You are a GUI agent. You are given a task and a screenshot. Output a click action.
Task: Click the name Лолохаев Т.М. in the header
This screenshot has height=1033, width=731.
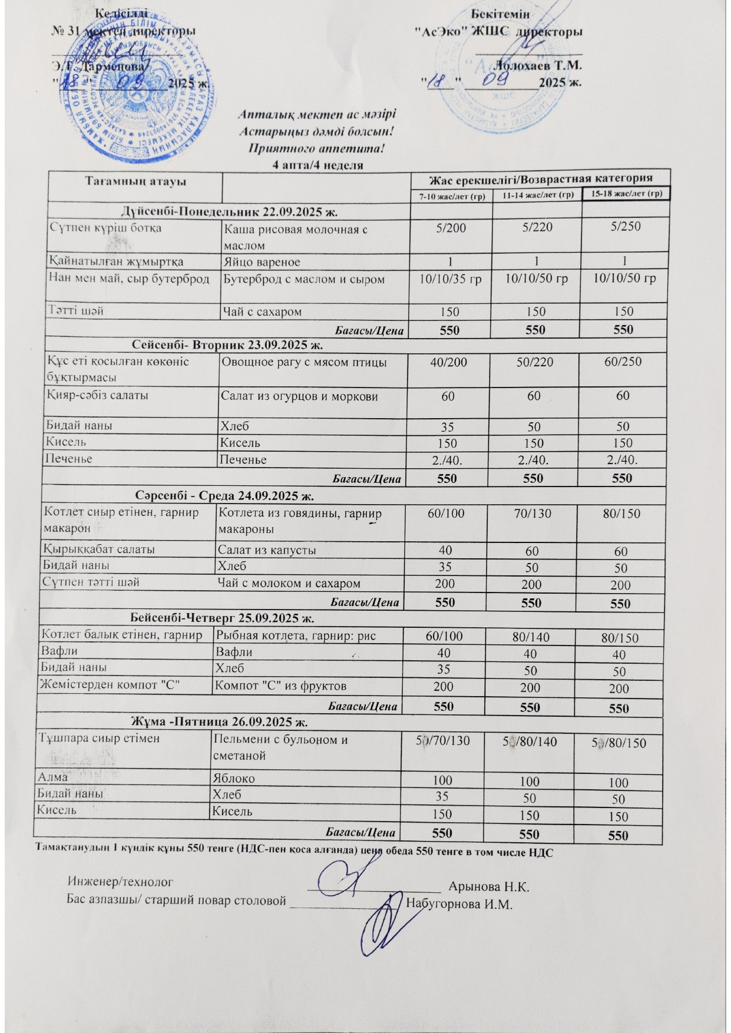[x=538, y=65]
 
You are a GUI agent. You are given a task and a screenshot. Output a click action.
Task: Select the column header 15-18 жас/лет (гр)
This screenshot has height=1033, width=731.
[x=626, y=194]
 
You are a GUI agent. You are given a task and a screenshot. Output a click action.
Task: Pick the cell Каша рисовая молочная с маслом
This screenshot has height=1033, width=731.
[x=295, y=236]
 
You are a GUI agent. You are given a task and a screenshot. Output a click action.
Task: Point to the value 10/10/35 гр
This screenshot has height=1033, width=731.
[x=450, y=278]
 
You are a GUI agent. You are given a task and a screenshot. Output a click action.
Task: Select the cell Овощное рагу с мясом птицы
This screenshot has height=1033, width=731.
[x=303, y=363]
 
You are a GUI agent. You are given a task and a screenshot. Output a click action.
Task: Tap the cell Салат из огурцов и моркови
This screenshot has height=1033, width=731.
[x=299, y=396]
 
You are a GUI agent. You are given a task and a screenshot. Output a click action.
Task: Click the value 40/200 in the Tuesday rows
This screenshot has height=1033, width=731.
[x=449, y=362]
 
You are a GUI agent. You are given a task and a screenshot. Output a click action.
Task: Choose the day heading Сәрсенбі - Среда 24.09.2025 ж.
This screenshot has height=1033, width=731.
[x=226, y=494]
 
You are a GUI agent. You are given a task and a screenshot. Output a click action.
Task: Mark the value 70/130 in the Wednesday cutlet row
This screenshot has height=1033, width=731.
[x=532, y=514]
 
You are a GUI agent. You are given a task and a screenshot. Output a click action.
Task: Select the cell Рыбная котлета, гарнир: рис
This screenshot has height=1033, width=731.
[x=296, y=635]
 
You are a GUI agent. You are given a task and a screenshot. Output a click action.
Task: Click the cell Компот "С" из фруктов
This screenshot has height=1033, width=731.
[x=281, y=686]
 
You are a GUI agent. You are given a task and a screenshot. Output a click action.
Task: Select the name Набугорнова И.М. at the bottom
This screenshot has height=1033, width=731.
[x=460, y=904]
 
